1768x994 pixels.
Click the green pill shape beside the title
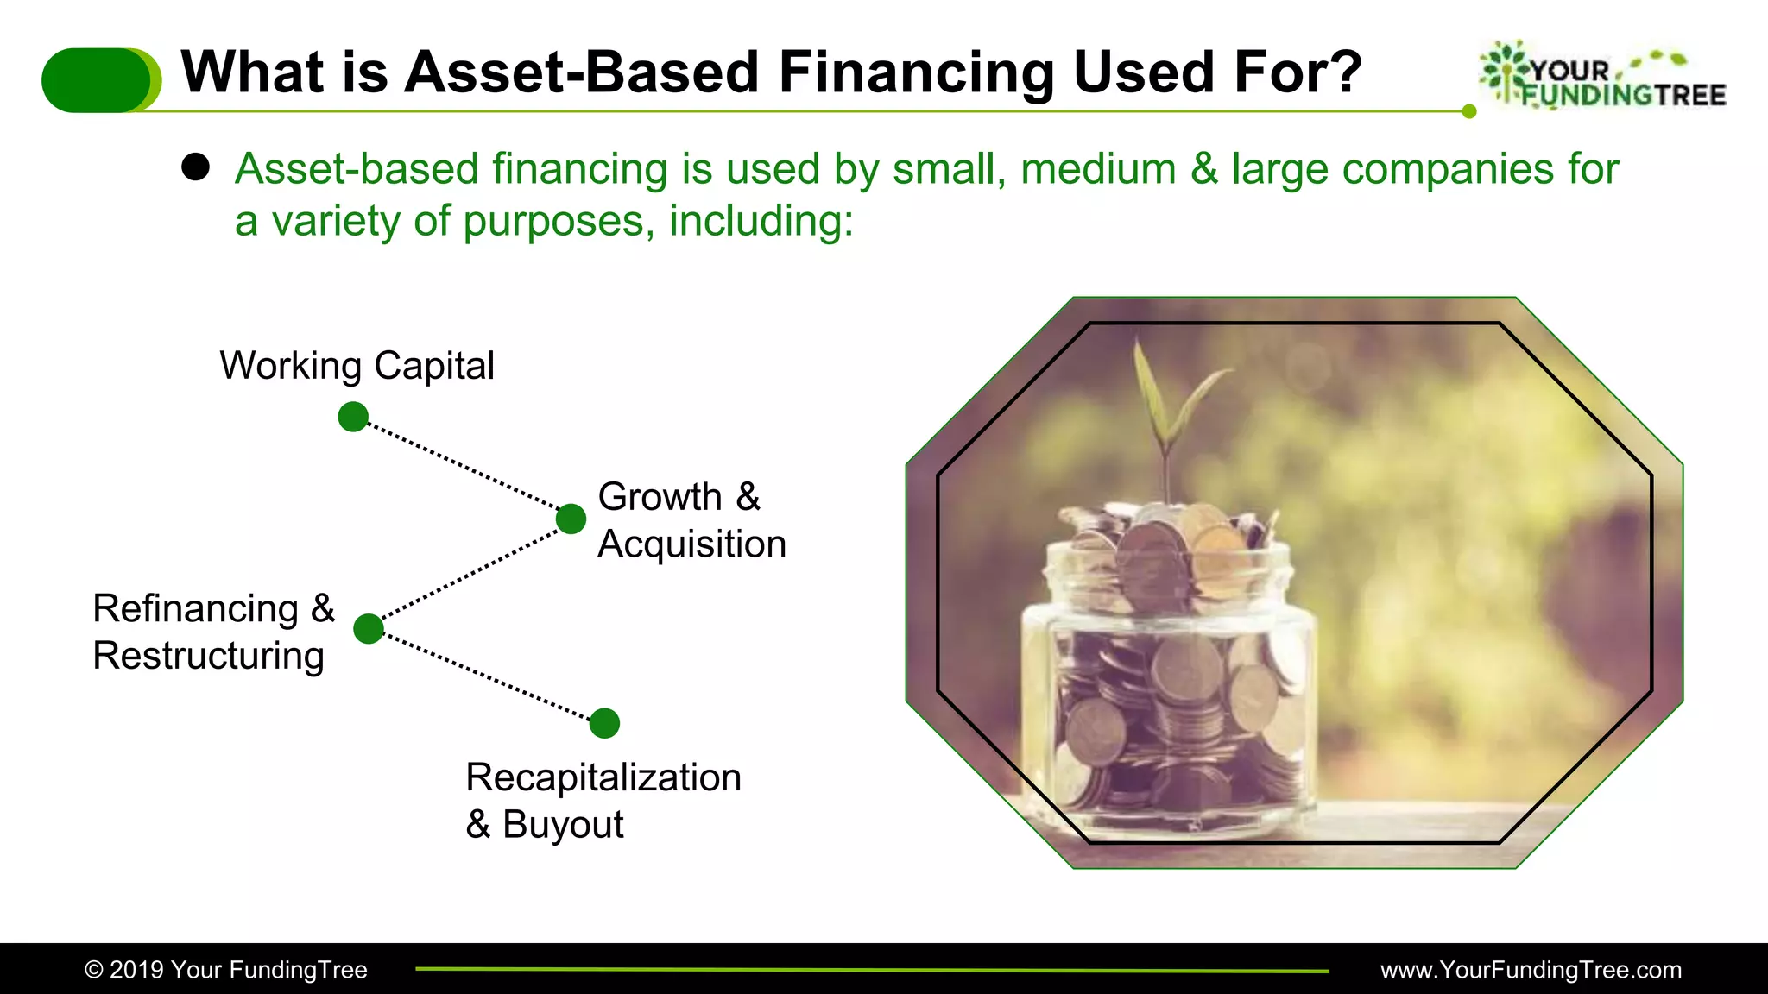click(99, 80)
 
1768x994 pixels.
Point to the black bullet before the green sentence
click(196, 167)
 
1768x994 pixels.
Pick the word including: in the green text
click(761, 221)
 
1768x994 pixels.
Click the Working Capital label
click(357, 365)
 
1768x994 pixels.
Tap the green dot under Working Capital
click(353, 417)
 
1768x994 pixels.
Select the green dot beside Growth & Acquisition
click(571, 519)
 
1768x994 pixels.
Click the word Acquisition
click(691, 544)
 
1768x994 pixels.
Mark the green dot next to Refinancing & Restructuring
click(369, 628)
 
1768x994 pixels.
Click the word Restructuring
click(208, 656)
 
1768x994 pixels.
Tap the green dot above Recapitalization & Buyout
click(604, 723)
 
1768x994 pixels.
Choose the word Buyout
click(563, 825)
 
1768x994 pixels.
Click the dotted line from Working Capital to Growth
click(462, 467)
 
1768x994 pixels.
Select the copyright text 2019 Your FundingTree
click(226, 970)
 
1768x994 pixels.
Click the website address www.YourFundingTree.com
click(1531, 970)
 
